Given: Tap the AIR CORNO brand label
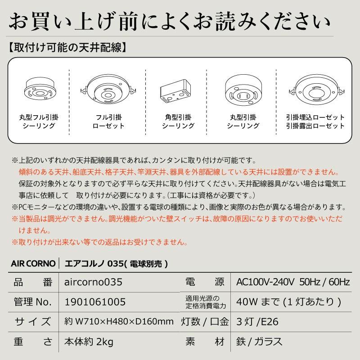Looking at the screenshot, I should click(33, 263).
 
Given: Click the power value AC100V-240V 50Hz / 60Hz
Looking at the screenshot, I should click(293, 282).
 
